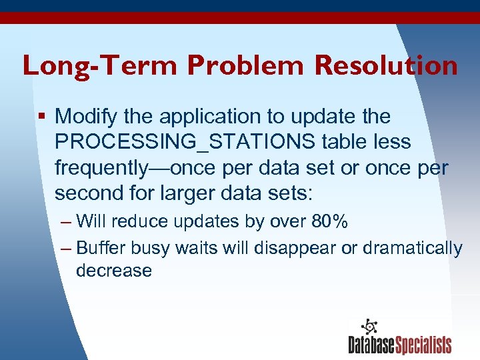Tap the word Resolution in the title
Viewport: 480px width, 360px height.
click(387, 65)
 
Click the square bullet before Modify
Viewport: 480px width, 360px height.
click(41, 117)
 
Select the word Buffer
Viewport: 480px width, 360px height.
click(101, 249)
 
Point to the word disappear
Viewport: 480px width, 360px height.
click(279, 249)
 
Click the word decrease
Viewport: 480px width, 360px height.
click(114, 271)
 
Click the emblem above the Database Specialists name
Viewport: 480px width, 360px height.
click(368, 326)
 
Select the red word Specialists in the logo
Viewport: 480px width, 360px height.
click(424, 345)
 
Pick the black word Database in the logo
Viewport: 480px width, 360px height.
click(372, 345)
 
